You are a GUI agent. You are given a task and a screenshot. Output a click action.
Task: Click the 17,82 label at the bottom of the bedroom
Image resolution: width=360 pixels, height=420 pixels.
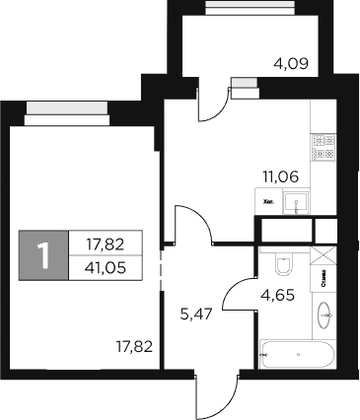(134, 346)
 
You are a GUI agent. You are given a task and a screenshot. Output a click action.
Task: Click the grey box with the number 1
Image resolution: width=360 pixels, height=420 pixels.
(43, 255)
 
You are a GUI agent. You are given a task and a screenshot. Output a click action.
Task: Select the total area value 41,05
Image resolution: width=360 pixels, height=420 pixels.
(106, 266)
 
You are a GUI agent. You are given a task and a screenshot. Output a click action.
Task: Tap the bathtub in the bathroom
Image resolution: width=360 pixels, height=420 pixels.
(297, 352)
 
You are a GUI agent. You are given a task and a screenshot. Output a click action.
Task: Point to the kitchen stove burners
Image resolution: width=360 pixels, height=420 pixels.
(324, 147)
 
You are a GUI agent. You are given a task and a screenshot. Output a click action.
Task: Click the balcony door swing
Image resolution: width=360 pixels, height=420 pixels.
(213, 102)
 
